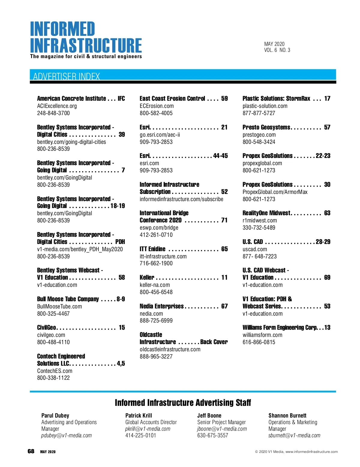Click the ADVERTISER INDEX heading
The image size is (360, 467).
[66, 76]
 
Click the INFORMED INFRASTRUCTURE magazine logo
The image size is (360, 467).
[86, 37]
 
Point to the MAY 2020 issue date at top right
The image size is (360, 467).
[274, 44]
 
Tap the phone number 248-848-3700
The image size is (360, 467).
[53, 113]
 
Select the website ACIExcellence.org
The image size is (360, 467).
[57, 106]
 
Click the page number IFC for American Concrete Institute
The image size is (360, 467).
[121, 99]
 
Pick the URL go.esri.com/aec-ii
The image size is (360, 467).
[160, 135]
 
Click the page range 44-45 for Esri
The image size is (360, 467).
[220, 156]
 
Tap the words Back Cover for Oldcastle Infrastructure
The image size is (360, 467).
[214, 342]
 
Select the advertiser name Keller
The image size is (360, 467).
[147, 278]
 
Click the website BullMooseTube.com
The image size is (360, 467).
[59, 306]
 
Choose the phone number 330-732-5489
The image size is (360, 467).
[259, 228]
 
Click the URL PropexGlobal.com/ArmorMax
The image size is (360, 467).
[275, 192]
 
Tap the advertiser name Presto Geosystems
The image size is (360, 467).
[266, 127]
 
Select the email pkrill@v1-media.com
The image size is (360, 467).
[148, 429]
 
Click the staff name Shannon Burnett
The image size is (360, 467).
[287, 415]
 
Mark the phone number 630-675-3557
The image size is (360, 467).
[213, 435]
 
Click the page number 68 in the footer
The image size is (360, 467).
[31, 451]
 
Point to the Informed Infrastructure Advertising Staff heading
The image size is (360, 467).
[183, 403]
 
